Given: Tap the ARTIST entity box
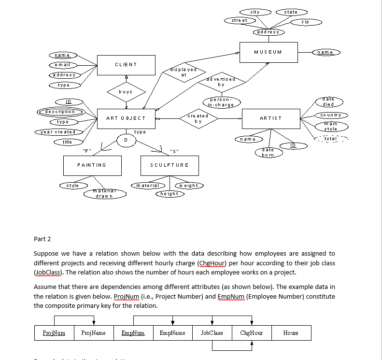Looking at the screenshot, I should [x=270, y=118].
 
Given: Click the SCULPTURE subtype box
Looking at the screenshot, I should [x=169, y=165].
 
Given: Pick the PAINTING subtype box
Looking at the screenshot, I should [x=92, y=165].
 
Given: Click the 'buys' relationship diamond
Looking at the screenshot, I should [x=127, y=91].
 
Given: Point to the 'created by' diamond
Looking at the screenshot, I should [x=198, y=118].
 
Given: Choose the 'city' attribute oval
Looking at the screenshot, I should [x=255, y=12].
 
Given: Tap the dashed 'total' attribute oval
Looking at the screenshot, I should [x=330, y=139].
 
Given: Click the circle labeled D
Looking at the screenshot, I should [x=126, y=140].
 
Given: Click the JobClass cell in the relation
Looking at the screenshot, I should [x=212, y=333].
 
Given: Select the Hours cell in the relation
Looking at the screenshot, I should [x=291, y=333].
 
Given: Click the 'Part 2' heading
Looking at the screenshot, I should [x=42, y=239].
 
